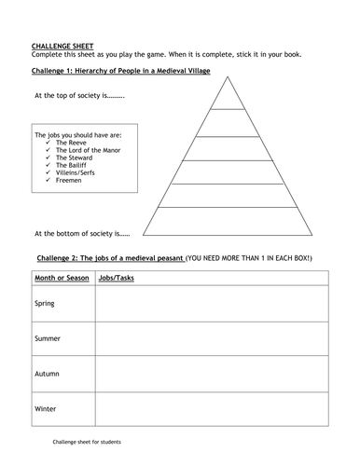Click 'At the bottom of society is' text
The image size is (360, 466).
[x=82, y=233]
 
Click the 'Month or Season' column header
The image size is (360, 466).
[x=62, y=278]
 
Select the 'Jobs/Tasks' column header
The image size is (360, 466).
[x=117, y=278]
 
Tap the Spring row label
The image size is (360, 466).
[x=45, y=304]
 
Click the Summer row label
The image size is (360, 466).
[x=48, y=339]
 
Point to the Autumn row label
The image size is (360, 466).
[x=48, y=373]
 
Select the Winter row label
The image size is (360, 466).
[x=46, y=408]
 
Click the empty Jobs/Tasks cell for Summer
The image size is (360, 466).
[x=210, y=339]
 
